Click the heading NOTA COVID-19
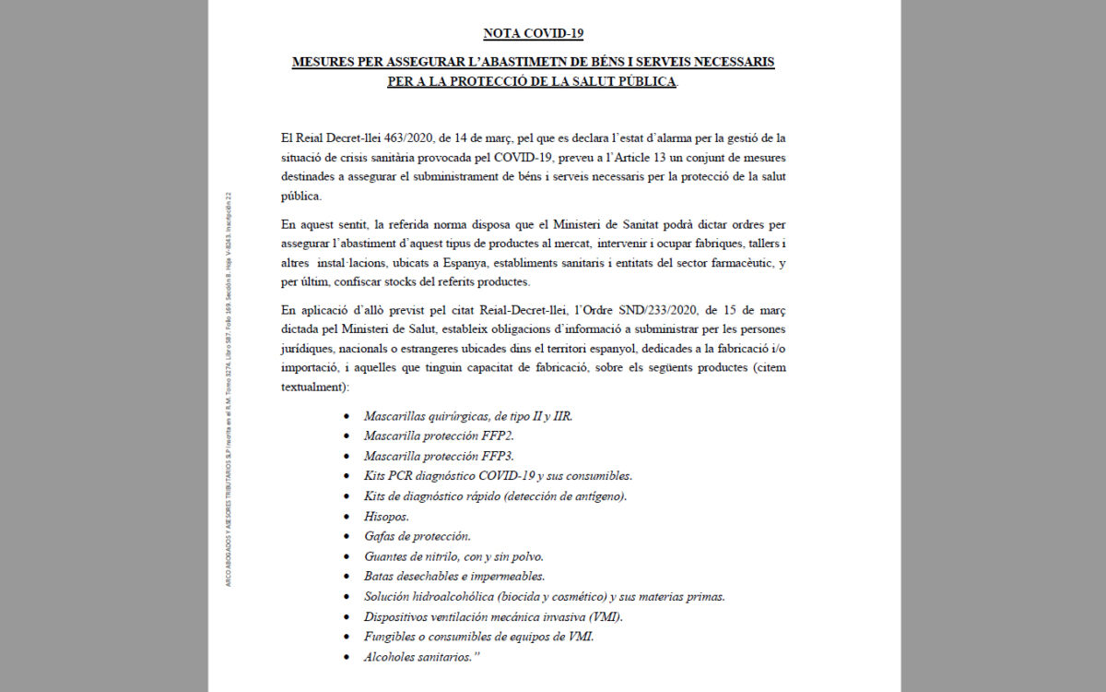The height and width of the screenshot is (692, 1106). coord(534,34)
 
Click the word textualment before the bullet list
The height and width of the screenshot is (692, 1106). coord(312,388)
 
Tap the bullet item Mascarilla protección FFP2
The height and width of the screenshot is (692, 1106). coord(438,436)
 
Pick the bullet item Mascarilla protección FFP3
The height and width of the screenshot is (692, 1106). coord(438,456)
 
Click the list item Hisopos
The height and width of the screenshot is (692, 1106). coord(386,516)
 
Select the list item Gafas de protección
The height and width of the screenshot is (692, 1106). coord(417,536)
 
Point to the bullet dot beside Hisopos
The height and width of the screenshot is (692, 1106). coord(347,517)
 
